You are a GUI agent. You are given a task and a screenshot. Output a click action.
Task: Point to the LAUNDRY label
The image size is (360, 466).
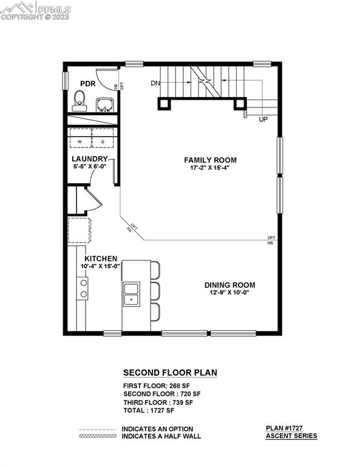[89, 159]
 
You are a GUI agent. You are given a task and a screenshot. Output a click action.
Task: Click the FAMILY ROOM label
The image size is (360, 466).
[210, 160]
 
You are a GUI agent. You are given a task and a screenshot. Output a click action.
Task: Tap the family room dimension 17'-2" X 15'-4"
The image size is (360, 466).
[210, 168]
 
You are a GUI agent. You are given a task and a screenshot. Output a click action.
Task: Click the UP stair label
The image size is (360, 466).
[263, 120]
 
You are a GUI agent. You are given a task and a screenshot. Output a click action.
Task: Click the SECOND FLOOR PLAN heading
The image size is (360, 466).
[170, 373]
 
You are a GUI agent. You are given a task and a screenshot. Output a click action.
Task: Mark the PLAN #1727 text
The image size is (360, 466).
[291, 428]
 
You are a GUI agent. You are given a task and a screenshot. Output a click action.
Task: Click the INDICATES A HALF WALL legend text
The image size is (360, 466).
[161, 436]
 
